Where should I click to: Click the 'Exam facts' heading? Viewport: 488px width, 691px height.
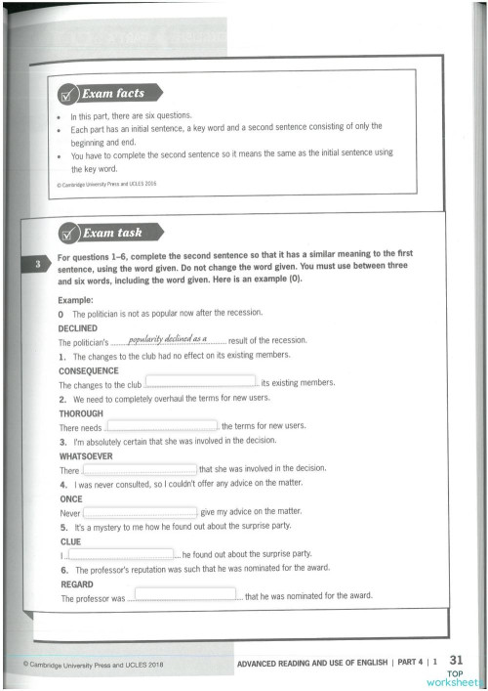pos(115,94)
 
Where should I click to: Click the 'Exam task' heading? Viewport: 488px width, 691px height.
pos(112,234)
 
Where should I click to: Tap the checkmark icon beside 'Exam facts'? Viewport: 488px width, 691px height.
pos(68,96)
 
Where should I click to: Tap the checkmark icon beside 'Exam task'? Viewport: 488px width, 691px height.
pos(68,235)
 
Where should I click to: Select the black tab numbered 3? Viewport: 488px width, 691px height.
pos(36,265)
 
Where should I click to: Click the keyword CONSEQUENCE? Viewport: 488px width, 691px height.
pos(89,371)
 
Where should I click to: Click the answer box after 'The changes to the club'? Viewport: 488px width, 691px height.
pos(200,383)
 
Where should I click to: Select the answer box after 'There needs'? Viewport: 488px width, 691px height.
pos(162,426)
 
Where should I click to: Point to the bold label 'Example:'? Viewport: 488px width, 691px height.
pos(76,299)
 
